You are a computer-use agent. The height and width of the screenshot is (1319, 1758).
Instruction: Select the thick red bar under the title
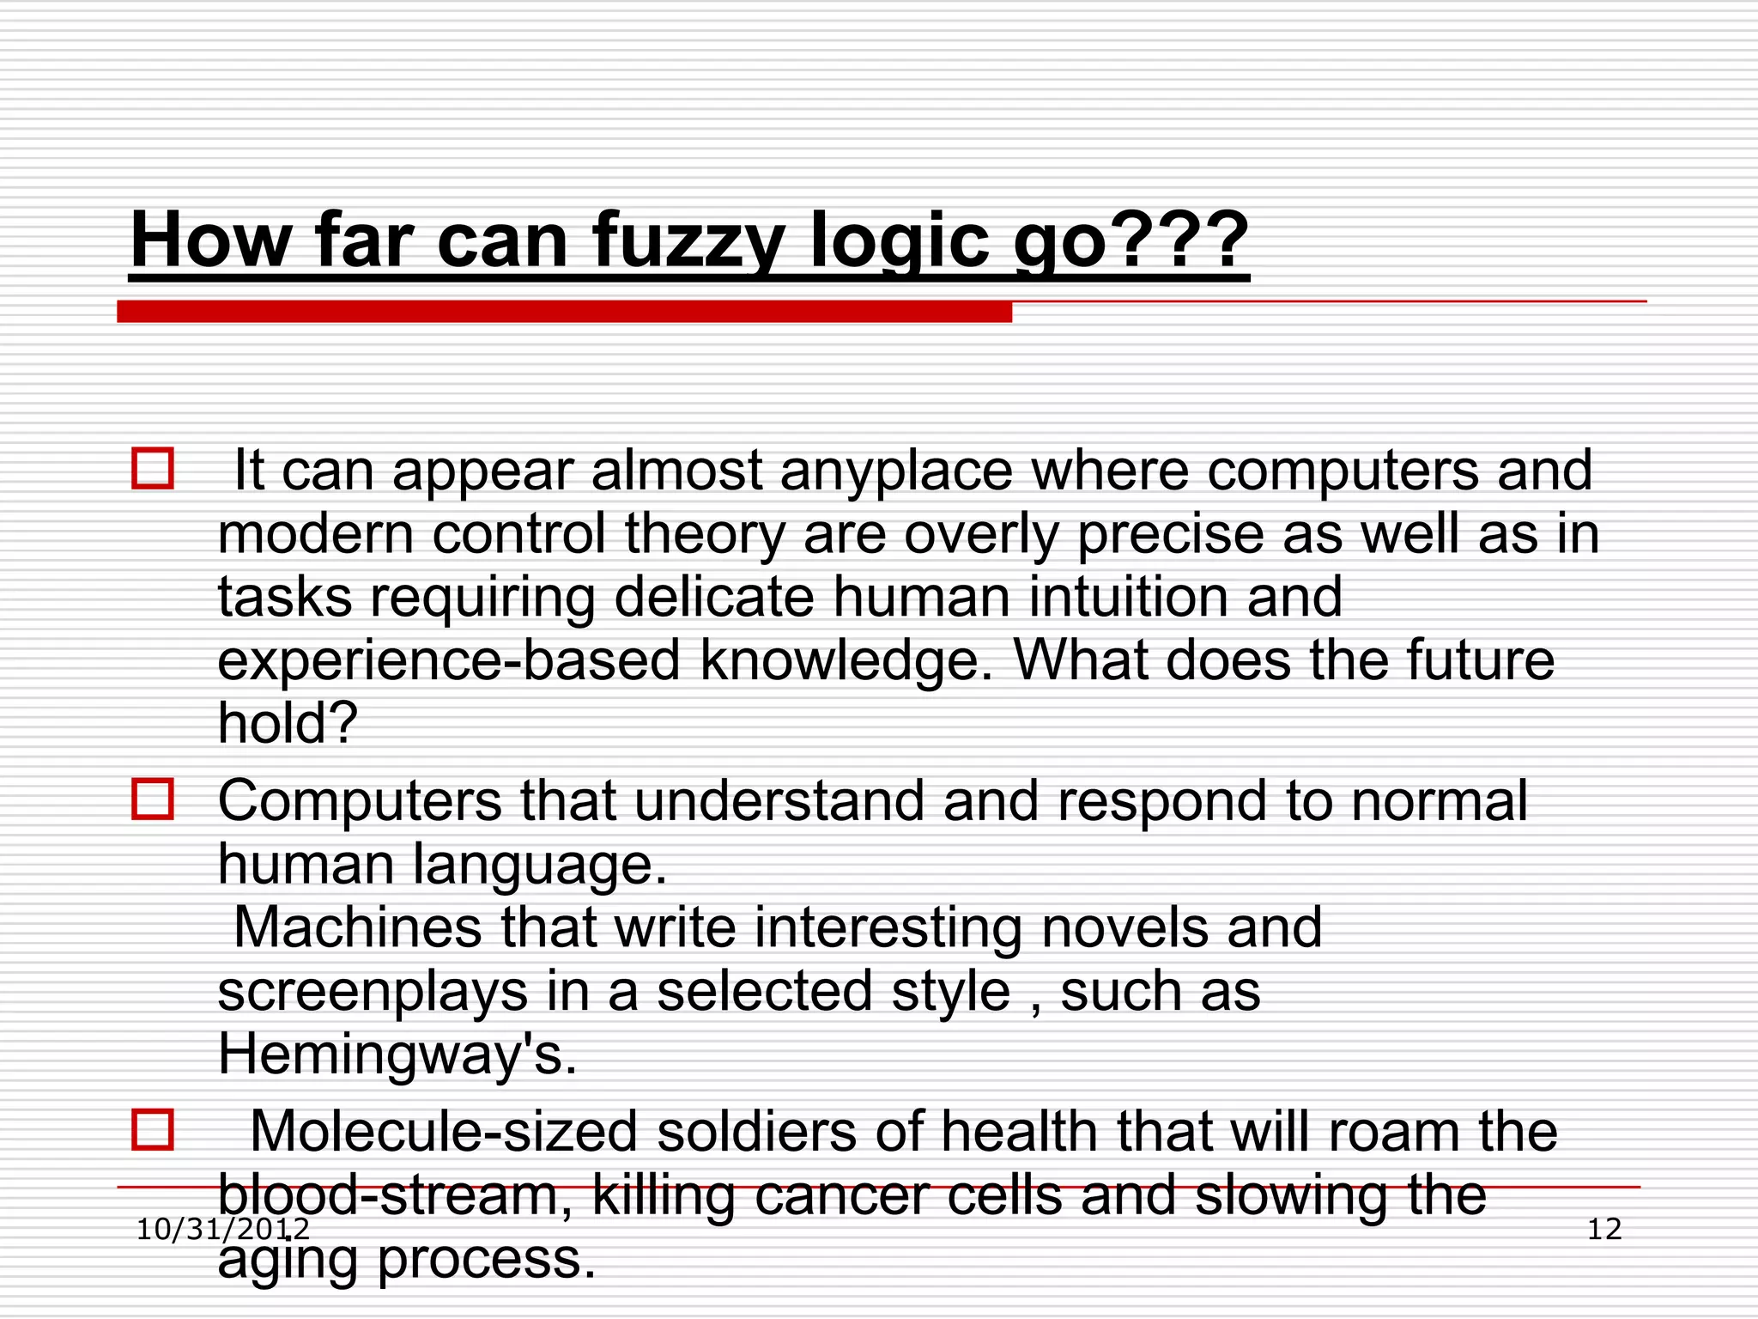pos(564,312)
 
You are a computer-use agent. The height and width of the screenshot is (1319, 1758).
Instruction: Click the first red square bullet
pos(153,469)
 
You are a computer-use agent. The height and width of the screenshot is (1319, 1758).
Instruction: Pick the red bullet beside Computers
pos(153,799)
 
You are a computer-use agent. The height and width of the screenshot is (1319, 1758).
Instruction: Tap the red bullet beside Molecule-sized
pos(153,1130)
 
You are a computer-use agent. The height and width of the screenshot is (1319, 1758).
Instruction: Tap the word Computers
pos(360,801)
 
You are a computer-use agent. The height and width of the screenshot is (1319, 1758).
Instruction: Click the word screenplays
pos(373,992)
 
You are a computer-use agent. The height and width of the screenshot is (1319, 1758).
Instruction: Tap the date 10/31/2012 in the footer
pos(223,1230)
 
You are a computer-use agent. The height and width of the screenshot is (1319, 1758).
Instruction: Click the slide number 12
pos(1603,1230)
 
